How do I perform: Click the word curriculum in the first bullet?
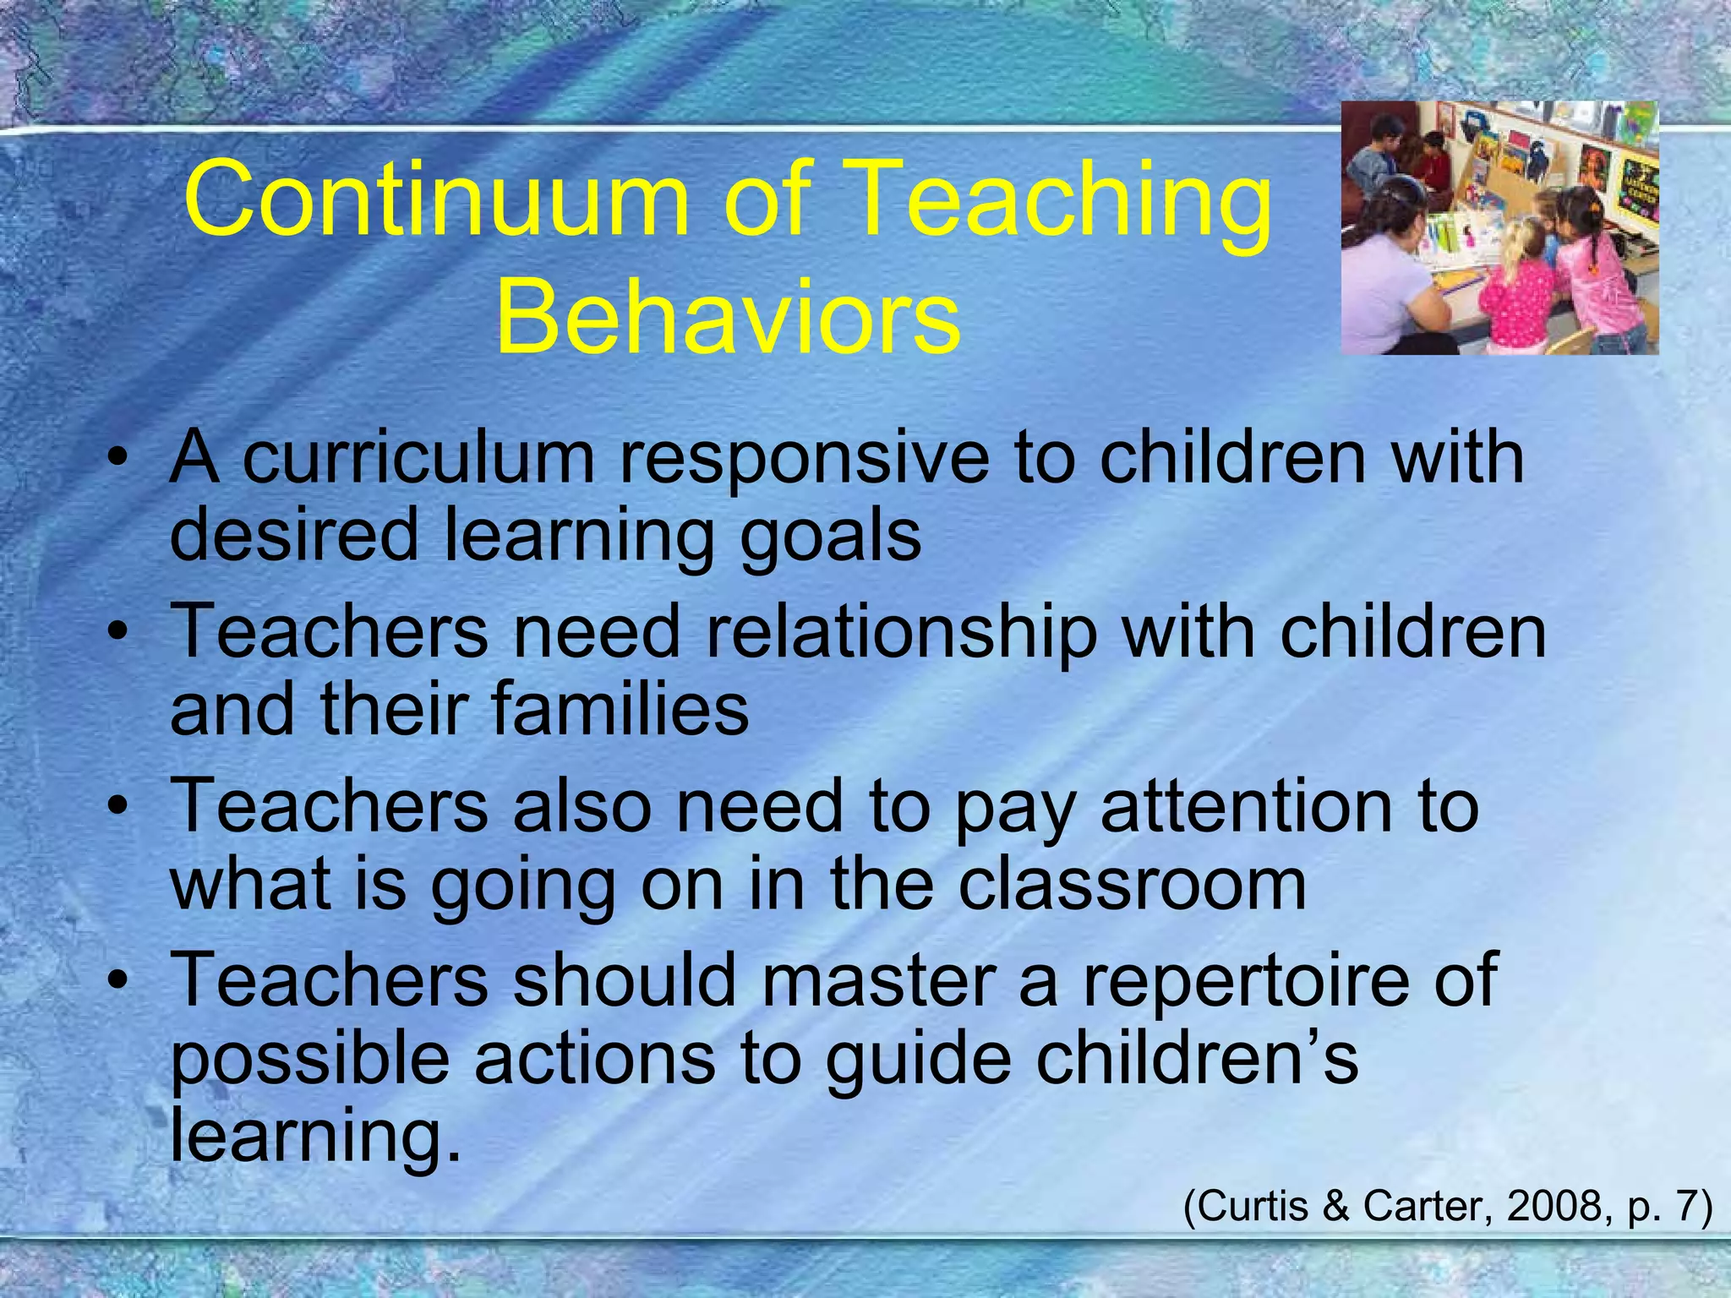point(419,457)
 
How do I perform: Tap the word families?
point(620,708)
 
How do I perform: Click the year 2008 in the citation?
point(1554,1206)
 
